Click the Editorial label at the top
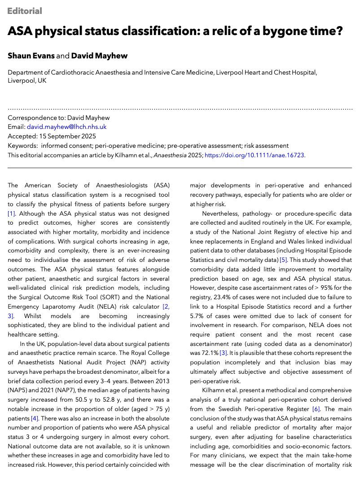point(25,11)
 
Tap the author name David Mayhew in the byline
point(99,56)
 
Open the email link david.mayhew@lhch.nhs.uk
point(66,127)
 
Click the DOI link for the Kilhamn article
point(255,155)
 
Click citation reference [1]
point(12,213)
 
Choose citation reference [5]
point(283,260)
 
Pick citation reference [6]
point(316,409)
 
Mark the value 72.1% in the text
point(208,344)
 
